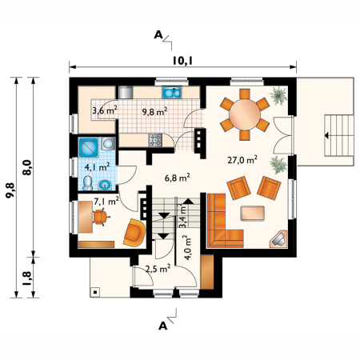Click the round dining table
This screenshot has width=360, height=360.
pos(245,114)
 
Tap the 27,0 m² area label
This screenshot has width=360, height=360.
pos(242,160)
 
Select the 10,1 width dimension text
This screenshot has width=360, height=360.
pos(182,61)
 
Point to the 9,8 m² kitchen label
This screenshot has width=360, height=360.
pos(154,112)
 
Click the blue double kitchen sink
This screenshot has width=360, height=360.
pos(172,93)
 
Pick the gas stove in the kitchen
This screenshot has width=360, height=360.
pos(155,140)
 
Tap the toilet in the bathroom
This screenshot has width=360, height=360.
pos(87,183)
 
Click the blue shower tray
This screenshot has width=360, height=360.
pos(89,147)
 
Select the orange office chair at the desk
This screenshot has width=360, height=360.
pos(100,217)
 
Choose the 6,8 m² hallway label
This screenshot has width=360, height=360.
pos(177,178)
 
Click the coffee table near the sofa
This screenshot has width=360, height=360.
pos(252,214)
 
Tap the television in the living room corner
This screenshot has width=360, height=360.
pos(278,239)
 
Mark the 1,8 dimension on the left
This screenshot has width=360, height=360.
pos(27,278)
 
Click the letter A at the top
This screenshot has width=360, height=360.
pos(158,34)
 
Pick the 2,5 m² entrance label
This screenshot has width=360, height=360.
pos(158,269)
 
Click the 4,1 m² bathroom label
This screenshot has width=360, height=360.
pos(97,167)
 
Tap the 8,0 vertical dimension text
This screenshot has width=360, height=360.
pos(27,167)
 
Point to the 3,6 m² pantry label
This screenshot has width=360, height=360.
pos(105,110)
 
